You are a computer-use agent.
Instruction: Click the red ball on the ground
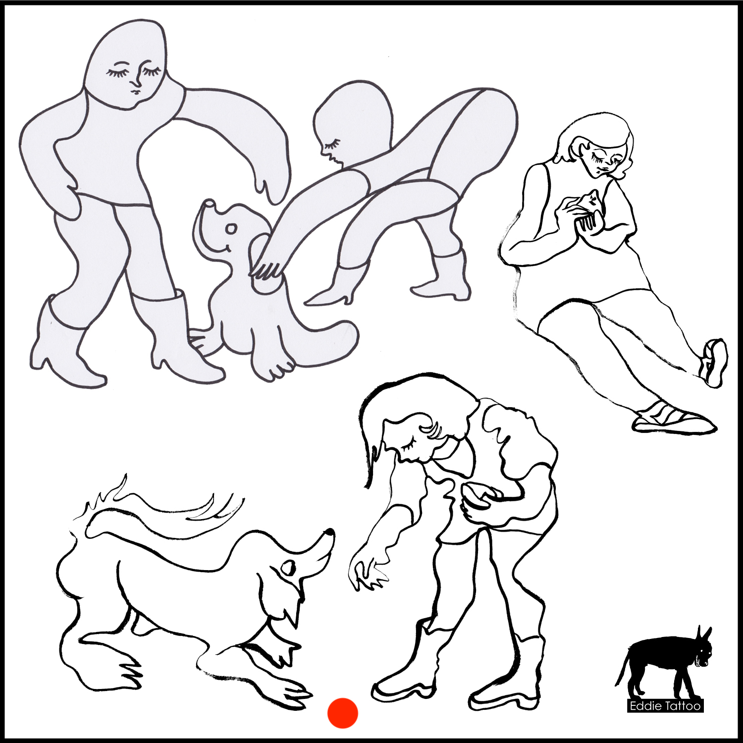342,713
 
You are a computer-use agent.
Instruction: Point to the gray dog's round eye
231,229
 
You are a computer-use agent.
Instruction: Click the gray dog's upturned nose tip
210,203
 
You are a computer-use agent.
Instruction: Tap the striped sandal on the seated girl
674,419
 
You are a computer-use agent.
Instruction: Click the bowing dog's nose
329,533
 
